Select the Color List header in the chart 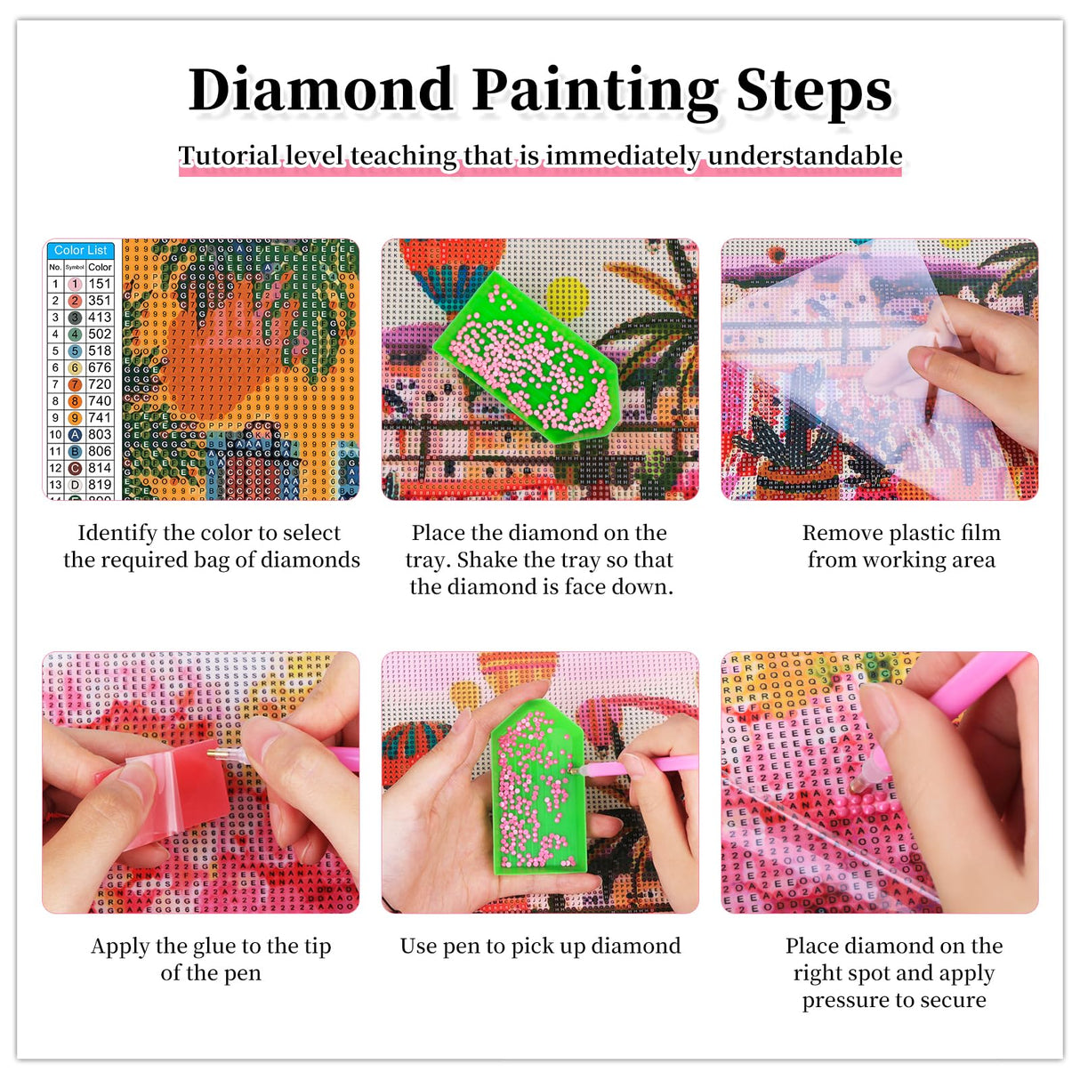80,250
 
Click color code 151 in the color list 100,284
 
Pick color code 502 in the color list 100,334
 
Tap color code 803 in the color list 100,434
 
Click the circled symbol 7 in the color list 75,384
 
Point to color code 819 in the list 100,485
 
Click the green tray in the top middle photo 525,356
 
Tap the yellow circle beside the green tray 567,298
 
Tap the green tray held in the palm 534,792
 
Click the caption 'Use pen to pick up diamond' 540,946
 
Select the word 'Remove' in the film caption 838,533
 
